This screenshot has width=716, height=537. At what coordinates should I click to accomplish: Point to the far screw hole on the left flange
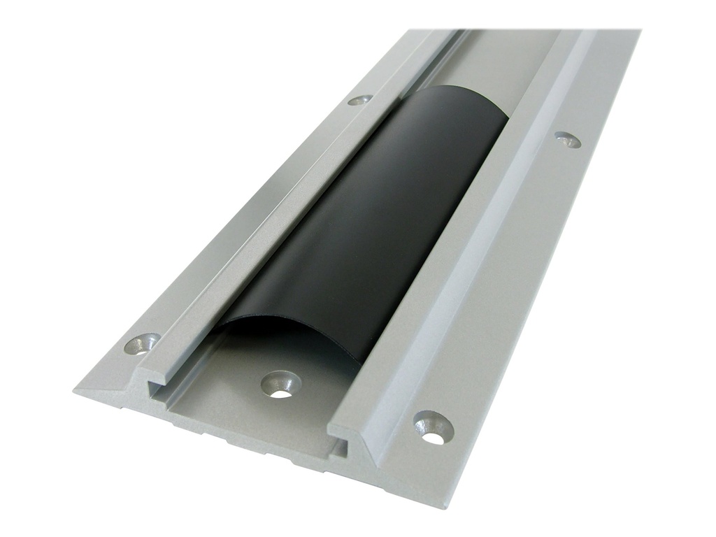point(359,100)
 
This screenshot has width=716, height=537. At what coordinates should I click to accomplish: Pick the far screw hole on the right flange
point(568,139)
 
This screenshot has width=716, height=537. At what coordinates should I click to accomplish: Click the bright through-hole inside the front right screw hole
point(435,438)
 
